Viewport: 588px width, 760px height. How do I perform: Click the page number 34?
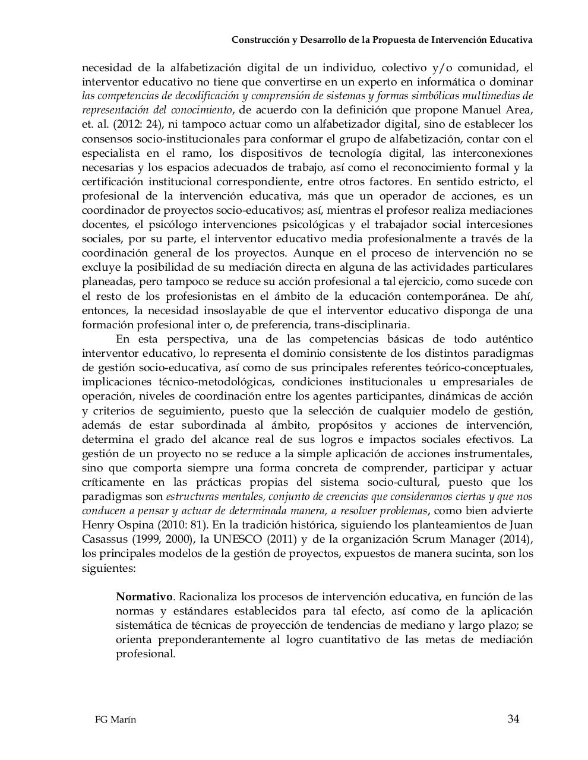[513, 719]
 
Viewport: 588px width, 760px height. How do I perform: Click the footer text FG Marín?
[115, 720]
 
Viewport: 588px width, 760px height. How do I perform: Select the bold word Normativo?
[144, 597]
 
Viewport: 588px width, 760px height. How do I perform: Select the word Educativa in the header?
[511, 40]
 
